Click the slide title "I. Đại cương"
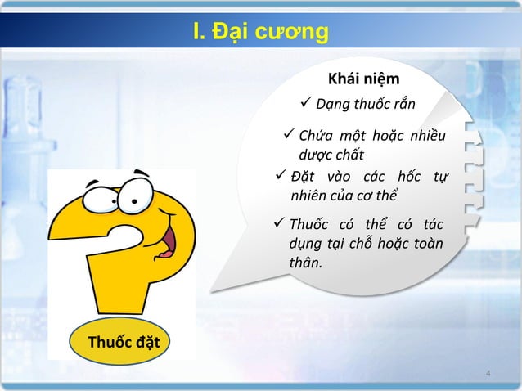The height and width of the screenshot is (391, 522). click(x=260, y=32)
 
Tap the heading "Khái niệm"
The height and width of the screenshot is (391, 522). click(x=363, y=79)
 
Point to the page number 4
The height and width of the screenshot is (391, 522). click(x=488, y=375)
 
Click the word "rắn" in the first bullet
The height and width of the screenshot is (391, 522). click(x=401, y=105)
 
